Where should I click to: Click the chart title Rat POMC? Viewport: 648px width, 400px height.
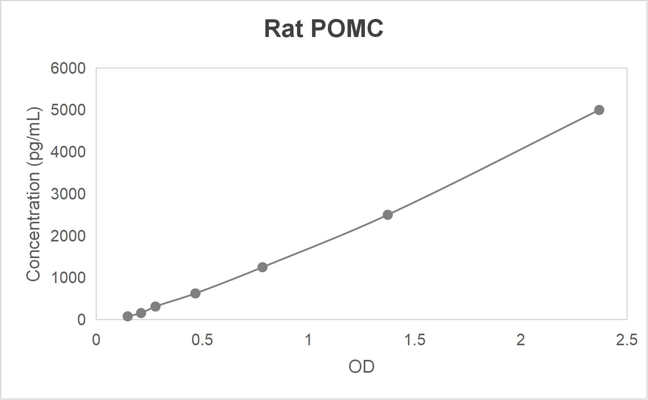point(324,29)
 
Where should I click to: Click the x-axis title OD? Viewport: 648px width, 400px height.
point(361,366)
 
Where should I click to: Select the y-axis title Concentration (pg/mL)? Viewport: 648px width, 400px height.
point(34,194)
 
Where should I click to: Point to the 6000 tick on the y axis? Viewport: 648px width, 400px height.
point(68,68)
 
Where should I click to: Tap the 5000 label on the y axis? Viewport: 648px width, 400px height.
point(68,110)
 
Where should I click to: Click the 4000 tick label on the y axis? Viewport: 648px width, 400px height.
point(68,152)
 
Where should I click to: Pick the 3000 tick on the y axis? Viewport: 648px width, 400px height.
point(68,194)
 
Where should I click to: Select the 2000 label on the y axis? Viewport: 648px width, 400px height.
point(68,236)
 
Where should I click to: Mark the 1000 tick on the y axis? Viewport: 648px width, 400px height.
point(68,277)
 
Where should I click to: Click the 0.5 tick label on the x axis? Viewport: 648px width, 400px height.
point(202,340)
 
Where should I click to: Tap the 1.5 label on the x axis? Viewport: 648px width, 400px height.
point(415,340)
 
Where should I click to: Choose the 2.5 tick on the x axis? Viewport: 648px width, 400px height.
point(627,340)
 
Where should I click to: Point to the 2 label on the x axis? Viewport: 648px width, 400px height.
point(521,340)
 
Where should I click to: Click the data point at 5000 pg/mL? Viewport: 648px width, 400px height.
point(599,110)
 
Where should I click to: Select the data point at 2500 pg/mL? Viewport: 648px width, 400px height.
point(388,215)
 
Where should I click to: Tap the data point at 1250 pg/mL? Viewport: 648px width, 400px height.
point(262,267)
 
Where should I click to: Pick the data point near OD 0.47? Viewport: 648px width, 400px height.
point(195,294)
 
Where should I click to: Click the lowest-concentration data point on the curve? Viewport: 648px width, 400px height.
point(128,316)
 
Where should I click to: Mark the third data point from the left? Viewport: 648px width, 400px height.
point(155,307)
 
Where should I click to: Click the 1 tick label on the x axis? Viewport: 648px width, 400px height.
point(308,340)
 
